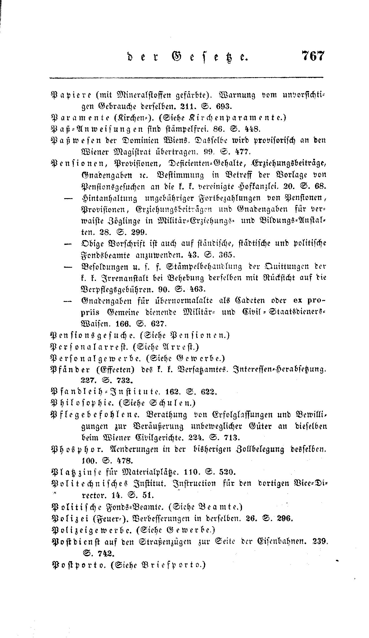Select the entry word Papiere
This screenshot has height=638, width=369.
click(70, 95)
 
